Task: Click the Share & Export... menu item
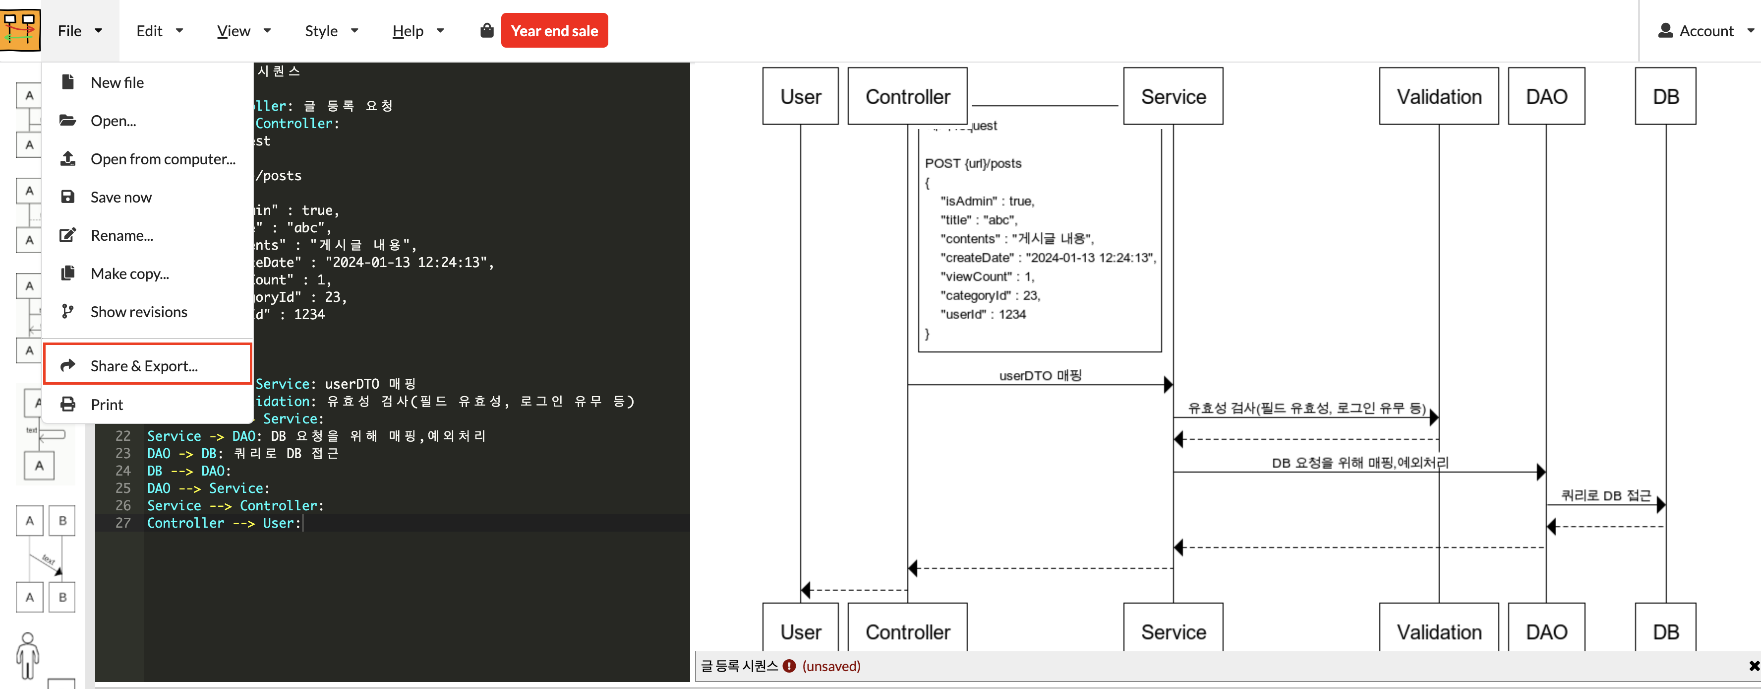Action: coord(144,366)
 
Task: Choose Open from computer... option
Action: coord(162,159)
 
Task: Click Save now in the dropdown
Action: coord(121,197)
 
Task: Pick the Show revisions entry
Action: coord(138,312)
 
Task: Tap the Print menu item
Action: coord(107,405)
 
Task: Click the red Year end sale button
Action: coord(554,31)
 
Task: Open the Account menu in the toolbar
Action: coord(1705,31)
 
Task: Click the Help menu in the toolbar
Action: coord(417,31)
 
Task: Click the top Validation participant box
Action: coord(1438,96)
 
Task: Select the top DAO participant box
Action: coord(1546,96)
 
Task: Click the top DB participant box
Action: coord(1665,96)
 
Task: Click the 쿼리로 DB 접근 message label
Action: coord(1605,495)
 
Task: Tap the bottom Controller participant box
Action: coord(907,631)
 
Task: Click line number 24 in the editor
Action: coord(123,471)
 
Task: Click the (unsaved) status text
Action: coord(830,666)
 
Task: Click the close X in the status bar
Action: coord(1754,666)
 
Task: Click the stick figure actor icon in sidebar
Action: coord(27,655)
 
